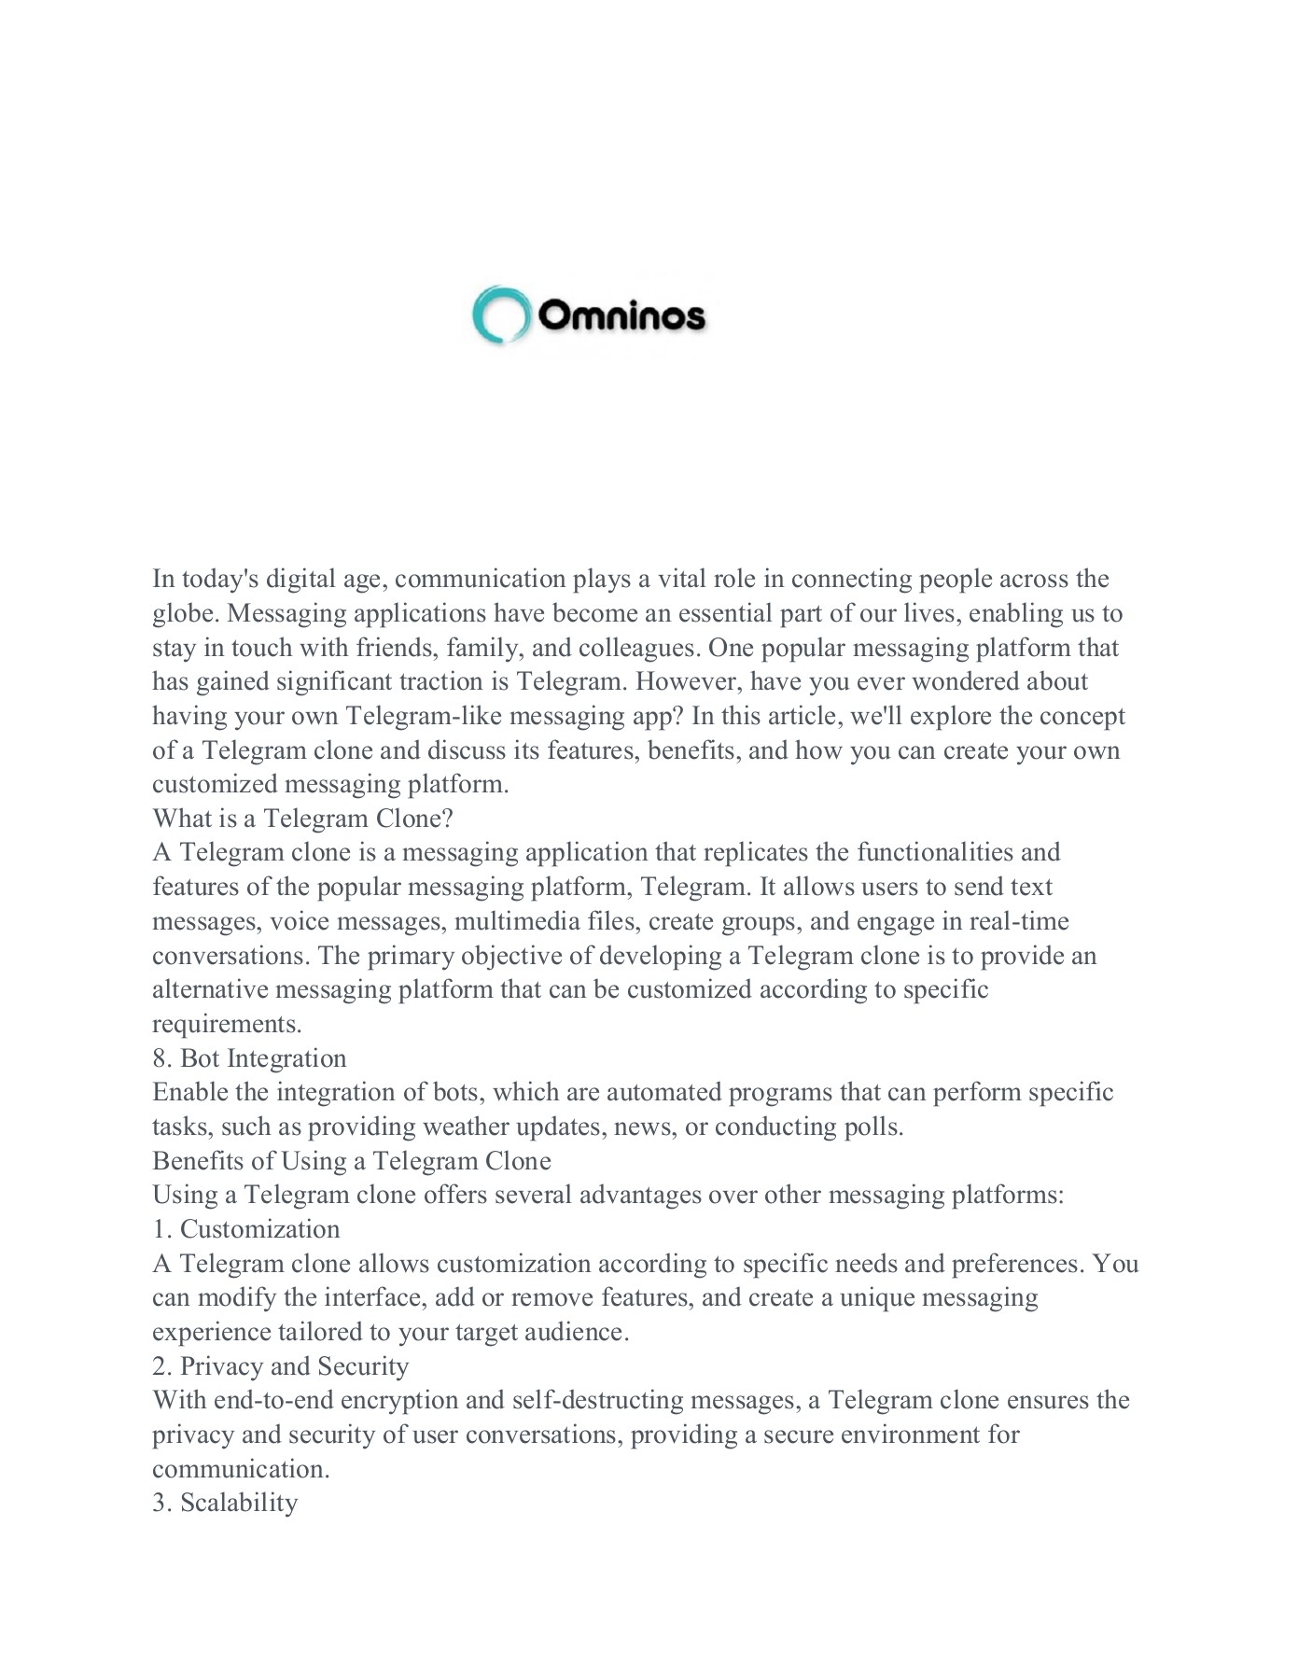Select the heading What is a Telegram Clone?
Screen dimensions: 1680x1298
tap(302, 819)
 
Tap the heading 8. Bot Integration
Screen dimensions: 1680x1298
tap(249, 1058)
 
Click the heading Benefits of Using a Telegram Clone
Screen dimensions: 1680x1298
tap(351, 1161)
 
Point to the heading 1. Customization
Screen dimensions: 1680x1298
tap(245, 1229)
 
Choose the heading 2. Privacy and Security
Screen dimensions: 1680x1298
tap(280, 1366)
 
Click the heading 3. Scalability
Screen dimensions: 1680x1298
tap(225, 1504)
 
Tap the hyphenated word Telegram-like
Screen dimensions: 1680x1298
tap(423, 716)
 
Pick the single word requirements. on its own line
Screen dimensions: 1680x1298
tap(227, 1025)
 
